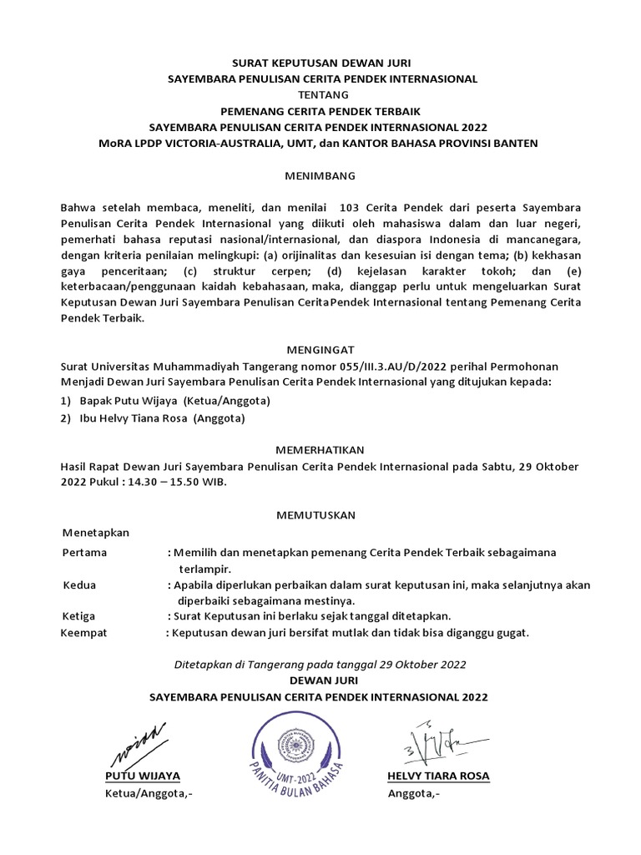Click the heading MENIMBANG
coord(320,176)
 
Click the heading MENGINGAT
coord(320,351)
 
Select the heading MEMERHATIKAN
coord(320,448)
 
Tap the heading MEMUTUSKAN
coord(320,515)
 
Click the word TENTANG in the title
coord(320,94)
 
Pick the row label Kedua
coord(80,584)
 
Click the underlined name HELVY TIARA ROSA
coord(438,776)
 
